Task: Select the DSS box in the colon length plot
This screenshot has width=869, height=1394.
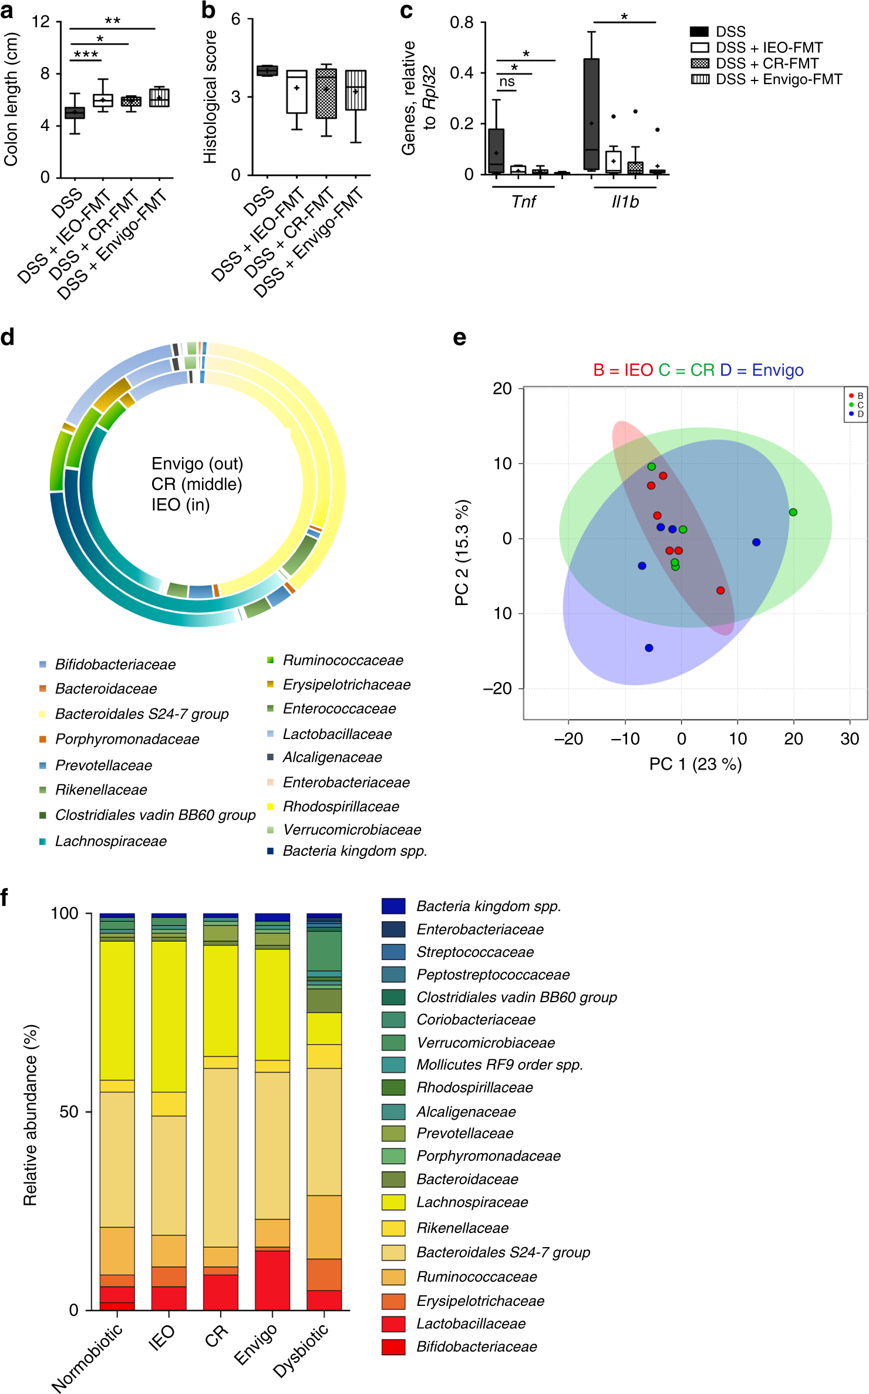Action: click(75, 113)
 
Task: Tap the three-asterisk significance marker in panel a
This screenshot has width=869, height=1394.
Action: click(86, 55)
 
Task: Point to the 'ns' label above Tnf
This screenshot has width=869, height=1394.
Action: click(507, 82)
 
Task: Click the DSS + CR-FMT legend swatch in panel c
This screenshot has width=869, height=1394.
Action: click(700, 63)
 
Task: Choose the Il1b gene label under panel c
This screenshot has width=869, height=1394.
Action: click(625, 202)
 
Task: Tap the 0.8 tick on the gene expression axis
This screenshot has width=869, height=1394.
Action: click(462, 23)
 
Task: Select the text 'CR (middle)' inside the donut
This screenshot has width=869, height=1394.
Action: click(197, 484)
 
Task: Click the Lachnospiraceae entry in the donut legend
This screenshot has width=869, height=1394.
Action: click(110, 841)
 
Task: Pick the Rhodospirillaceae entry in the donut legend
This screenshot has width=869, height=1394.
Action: click(341, 807)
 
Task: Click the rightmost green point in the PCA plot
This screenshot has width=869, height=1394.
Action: click(793, 512)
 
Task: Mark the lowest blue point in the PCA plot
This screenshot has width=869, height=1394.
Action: click(649, 648)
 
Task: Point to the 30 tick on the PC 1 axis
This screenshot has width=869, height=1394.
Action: click(850, 739)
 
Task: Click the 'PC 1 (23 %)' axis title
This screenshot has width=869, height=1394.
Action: click(695, 764)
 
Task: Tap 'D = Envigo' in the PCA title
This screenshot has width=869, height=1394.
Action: click(762, 370)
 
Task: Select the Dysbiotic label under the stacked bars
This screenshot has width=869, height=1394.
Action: click(301, 1352)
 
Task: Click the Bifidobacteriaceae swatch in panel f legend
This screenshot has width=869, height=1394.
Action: click(393, 1347)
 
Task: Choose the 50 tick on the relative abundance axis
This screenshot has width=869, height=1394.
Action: click(69, 1112)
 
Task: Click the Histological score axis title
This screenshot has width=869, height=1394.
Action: click(210, 97)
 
